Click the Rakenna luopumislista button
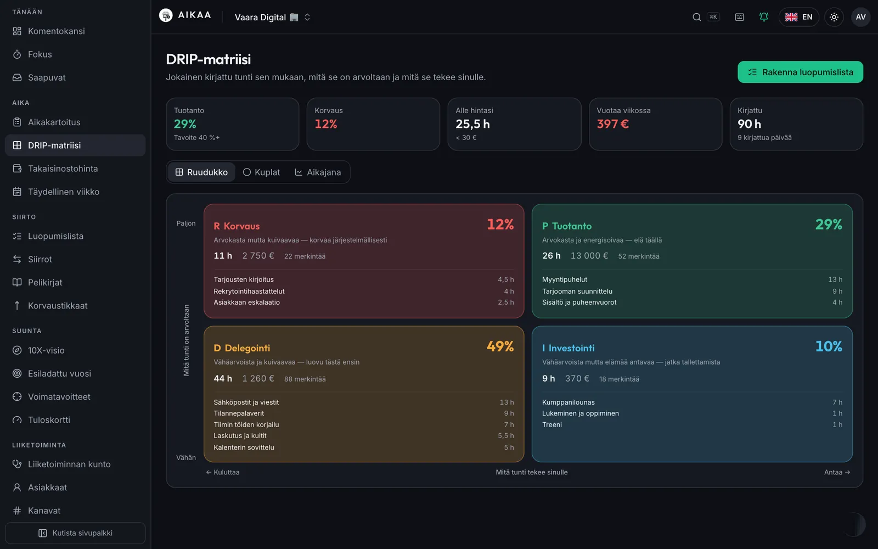[x=800, y=72]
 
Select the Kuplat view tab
[x=261, y=172]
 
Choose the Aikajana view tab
[x=318, y=172]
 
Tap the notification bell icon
[x=763, y=17]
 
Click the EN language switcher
[x=799, y=17]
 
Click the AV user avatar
[x=861, y=17]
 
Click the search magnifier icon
[x=696, y=17]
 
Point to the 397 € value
[x=612, y=124]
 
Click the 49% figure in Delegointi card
[x=500, y=346]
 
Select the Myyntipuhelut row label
[x=565, y=279]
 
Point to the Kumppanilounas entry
[x=569, y=402]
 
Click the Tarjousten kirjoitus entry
[x=244, y=279]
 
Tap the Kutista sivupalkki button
[x=75, y=533]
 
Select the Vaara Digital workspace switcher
[x=272, y=17]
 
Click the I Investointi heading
[x=569, y=348]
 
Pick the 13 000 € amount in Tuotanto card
[x=589, y=256]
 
